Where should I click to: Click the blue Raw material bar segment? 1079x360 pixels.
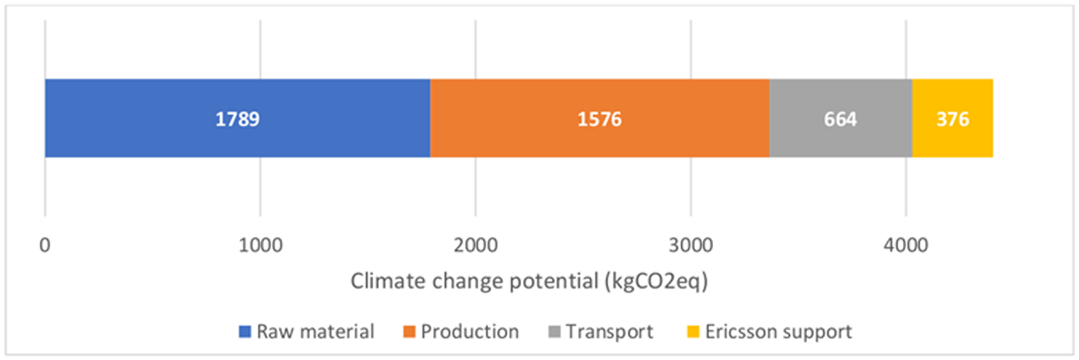(144, 118)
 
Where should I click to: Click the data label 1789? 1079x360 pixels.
(237, 119)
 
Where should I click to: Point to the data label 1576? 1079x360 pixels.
(599, 119)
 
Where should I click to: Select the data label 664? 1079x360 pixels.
(840, 119)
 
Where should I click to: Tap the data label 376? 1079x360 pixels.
(953, 119)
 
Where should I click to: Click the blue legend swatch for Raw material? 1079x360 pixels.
(245, 333)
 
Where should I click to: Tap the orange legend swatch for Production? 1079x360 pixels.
(409, 333)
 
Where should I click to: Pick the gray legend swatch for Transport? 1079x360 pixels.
(554, 333)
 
